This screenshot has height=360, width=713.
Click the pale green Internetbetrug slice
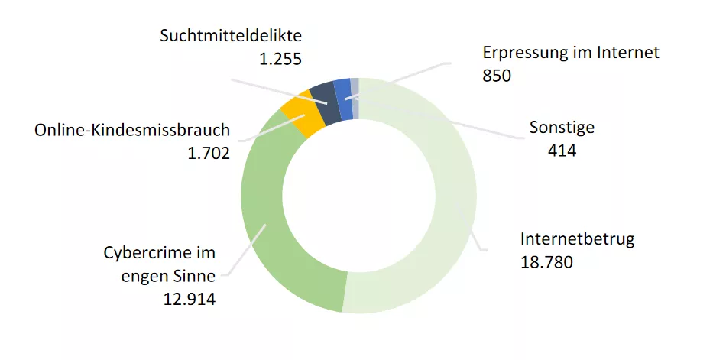(x=443, y=229)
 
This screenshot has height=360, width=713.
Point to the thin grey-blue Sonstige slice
(x=355, y=96)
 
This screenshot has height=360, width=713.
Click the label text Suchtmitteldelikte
(x=232, y=35)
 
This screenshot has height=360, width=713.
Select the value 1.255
(x=280, y=59)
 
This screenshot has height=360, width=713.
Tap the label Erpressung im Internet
(x=570, y=52)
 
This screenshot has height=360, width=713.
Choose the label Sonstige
(x=562, y=127)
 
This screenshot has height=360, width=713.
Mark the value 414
(x=562, y=151)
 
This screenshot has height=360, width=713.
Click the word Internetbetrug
(x=578, y=238)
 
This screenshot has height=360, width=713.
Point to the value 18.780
(x=546, y=262)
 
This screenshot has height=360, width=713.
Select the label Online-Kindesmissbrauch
(x=132, y=130)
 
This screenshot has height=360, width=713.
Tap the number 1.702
(x=209, y=154)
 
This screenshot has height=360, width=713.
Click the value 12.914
(x=189, y=299)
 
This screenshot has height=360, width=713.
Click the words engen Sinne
(x=169, y=276)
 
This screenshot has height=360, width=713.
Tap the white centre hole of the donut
(x=358, y=196)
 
